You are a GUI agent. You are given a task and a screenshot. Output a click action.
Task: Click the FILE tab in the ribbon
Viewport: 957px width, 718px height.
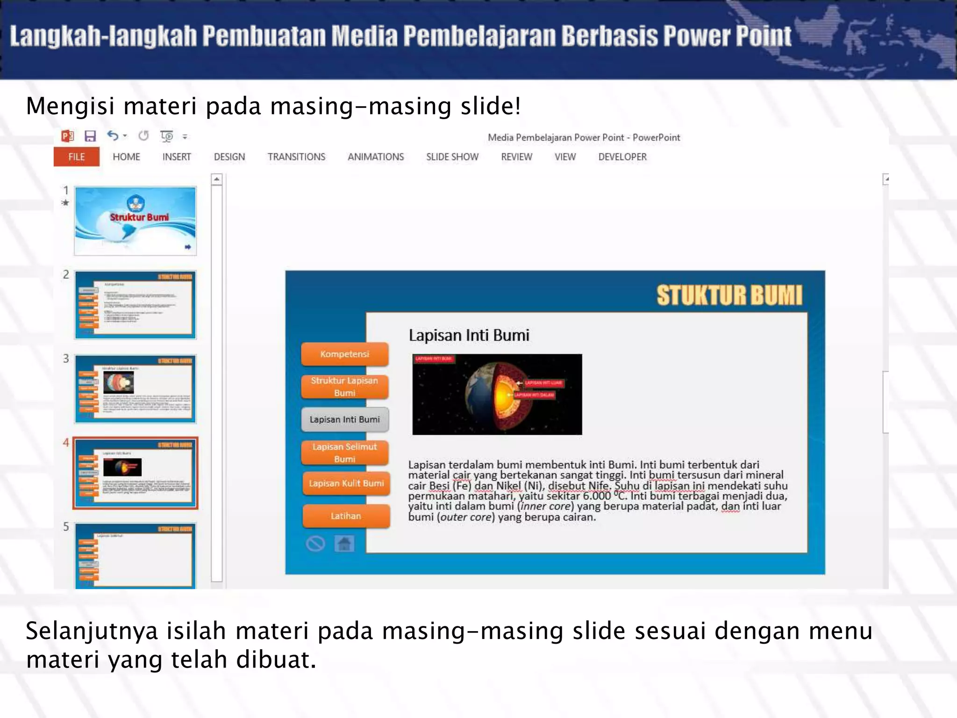click(x=76, y=157)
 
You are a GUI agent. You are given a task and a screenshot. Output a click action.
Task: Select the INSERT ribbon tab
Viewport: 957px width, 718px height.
click(x=177, y=157)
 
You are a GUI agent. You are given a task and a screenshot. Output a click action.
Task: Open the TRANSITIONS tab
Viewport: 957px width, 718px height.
click(x=296, y=157)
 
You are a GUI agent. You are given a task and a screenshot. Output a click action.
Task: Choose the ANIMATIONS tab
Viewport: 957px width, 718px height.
click(x=376, y=157)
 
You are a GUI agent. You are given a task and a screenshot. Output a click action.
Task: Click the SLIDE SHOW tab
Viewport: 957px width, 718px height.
click(x=452, y=157)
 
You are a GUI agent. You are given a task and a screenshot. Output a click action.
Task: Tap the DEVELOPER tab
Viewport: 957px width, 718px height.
click(x=622, y=157)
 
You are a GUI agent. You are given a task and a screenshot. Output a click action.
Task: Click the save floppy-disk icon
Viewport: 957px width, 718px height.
click(x=90, y=136)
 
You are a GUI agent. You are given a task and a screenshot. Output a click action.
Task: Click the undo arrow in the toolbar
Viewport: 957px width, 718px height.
click(x=113, y=136)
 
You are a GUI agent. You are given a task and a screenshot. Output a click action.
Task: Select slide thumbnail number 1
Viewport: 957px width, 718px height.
click(x=135, y=221)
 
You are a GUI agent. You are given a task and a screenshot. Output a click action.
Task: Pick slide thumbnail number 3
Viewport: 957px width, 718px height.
click(x=135, y=389)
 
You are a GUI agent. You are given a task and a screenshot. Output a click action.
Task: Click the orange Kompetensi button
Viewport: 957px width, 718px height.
click(x=345, y=354)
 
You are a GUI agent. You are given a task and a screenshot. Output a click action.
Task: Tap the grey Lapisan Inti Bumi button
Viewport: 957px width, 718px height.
click(x=345, y=420)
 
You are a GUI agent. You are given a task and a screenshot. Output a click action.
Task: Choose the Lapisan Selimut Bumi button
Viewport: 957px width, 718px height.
click(x=345, y=453)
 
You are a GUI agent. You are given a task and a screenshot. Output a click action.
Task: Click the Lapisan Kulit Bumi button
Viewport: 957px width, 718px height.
click(x=346, y=483)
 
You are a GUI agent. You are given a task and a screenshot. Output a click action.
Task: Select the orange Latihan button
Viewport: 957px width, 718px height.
click(x=346, y=516)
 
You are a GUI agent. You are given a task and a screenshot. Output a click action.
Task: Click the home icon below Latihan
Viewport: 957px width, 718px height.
click(x=344, y=544)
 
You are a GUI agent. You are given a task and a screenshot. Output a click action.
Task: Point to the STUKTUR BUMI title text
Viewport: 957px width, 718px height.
click(x=729, y=295)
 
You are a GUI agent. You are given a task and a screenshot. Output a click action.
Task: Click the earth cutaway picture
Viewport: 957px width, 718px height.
click(x=497, y=395)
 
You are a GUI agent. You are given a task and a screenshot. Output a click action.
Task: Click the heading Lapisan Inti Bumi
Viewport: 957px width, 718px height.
click(x=469, y=335)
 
